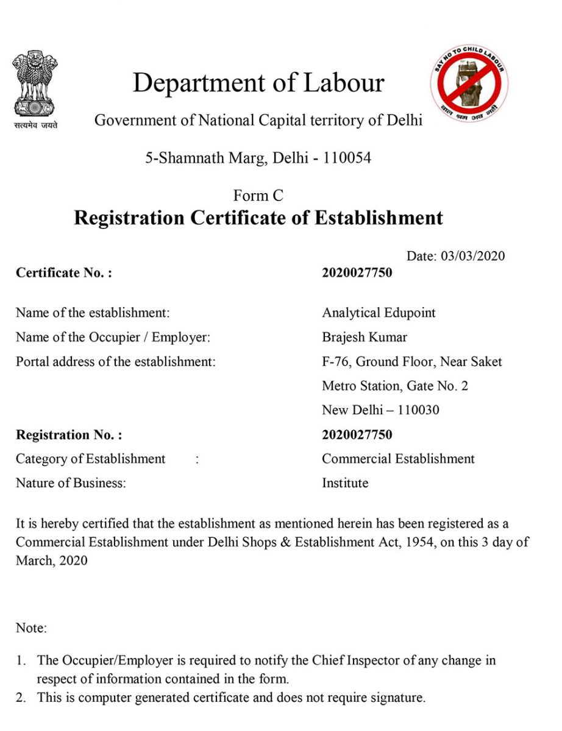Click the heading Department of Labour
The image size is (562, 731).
click(x=258, y=83)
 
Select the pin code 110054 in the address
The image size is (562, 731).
click(x=347, y=158)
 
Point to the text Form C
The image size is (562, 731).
click(x=258, y=196)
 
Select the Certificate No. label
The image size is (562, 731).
click(x=64, y=273)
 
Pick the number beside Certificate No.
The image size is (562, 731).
click(x=357, y=273)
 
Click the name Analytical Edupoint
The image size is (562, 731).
click(x=379, y=313)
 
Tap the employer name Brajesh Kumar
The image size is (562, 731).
click(x=364, y=337)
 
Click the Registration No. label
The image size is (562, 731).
click(x=69, y=435)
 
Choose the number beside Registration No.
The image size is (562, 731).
click(x=357, y=435)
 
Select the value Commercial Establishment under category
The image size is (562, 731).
click(x=398, y=459)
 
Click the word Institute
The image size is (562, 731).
click(x=345, y=483)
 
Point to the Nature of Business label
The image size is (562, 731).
click(x=71, y=483)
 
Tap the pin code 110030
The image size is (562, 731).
click(x=418, y=410)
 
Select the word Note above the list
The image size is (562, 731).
click(x=31, y=628)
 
